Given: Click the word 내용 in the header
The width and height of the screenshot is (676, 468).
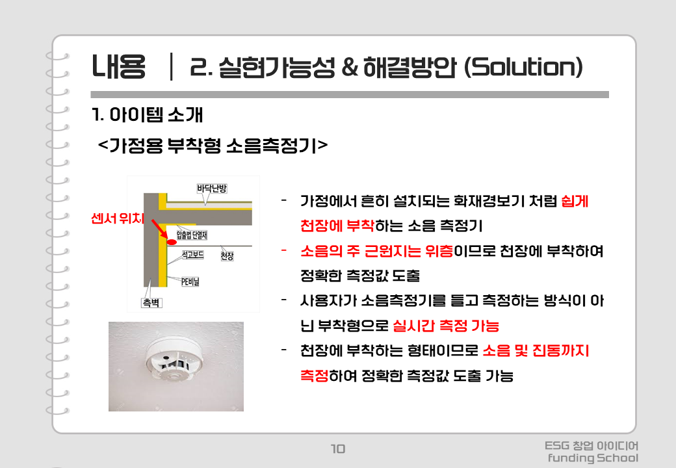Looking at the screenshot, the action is click(118, 67).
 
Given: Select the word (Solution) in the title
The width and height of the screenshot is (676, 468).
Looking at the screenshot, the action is click(523, 67).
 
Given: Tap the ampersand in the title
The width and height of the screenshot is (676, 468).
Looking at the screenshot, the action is click(349, 67).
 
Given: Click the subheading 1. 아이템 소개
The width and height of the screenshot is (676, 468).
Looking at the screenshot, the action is click(147, 114).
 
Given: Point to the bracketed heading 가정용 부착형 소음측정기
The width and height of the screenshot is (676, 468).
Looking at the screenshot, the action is click(213, 145).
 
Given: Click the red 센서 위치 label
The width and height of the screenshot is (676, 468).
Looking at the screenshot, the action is click(117, 218).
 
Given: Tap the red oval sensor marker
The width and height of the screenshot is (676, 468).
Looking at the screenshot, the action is click(172, 242).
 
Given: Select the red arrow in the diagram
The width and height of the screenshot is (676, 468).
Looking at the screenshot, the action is click(159, 228).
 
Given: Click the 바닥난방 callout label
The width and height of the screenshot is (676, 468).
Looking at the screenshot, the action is click(212, 188).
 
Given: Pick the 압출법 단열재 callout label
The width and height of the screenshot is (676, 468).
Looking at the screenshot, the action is click(192, 235).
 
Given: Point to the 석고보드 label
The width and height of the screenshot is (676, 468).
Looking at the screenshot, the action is click(192, 255).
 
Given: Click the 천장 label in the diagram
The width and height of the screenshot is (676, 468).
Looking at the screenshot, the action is click(227, 256).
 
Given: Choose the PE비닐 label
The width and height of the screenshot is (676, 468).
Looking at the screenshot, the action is click(190, 282).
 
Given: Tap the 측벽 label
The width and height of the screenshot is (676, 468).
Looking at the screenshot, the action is click(151, 303).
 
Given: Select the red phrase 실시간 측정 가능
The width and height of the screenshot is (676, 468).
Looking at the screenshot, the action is click(446, 326).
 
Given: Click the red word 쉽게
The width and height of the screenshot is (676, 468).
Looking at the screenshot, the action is click(575, 201).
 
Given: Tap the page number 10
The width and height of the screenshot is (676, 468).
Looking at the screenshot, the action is click(338, 448).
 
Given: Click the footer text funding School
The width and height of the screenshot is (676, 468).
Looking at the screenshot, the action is click(593, 458).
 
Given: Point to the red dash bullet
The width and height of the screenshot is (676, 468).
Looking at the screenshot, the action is click(284, 250).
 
